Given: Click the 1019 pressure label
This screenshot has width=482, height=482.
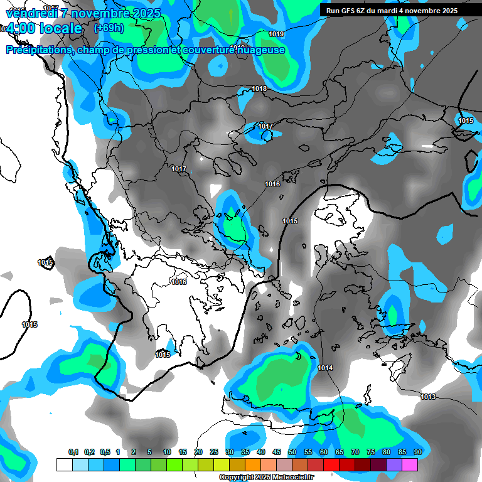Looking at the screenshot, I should [276, 34].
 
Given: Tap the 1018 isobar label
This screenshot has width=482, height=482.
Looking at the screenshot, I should [259, 89].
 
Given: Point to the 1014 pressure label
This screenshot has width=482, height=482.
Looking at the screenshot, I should [325, 368].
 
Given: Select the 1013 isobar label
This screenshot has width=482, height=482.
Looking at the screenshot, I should [428, 397].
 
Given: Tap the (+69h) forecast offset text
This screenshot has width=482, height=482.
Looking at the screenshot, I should [108, 28].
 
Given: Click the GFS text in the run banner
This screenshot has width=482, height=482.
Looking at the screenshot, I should [355, 11].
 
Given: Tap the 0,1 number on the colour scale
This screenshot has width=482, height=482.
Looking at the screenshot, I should [73, 453].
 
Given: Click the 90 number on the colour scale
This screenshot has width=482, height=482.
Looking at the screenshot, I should [417, 453].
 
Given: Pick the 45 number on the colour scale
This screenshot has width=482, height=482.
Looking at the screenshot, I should [277, 453].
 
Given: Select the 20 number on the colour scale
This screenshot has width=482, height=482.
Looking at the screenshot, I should [198, 453].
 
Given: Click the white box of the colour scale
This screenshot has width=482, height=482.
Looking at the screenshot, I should [64, 464].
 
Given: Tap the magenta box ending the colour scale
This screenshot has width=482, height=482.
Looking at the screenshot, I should [410, 464].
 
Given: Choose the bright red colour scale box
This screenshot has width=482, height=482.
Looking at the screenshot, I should [331, 464].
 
